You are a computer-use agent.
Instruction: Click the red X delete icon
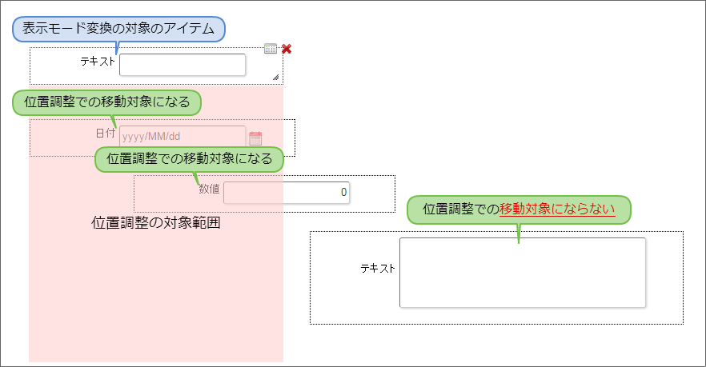pos(287,49)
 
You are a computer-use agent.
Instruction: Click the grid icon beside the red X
pos(271,49)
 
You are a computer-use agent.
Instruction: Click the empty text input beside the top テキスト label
pos(183,65)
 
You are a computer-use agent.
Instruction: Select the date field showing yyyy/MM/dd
pos(183,137)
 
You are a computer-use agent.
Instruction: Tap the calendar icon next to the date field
pos(255,138)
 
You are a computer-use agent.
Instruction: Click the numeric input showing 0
pos(287,192)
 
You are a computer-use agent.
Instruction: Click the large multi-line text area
pos(522,272)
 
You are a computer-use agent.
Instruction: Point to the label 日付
pos(106,133)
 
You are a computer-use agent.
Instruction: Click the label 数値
pos(209,189)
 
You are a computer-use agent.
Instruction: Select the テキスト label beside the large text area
pos(378,268)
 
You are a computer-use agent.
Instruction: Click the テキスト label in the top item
pos(98,61)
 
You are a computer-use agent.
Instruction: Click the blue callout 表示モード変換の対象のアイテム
pos(118,29)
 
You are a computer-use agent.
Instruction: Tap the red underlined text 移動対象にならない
pos(557,209)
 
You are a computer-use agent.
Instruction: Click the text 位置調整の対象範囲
pos(156,223)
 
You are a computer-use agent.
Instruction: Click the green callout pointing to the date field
pos(106,102)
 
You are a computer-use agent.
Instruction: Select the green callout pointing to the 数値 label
pos(190,159)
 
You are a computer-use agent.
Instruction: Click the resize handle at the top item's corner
pos(275,77)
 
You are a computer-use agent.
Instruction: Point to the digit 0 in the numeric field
pos(343,192)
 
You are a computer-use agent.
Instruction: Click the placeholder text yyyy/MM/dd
pos(152,137)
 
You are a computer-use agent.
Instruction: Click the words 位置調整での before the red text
pos(460,209)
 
